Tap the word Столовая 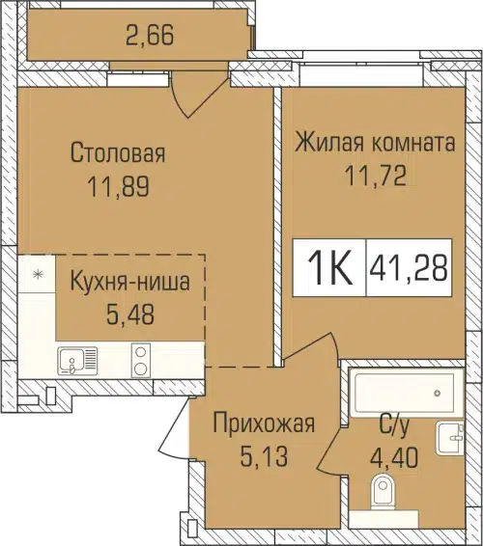118,152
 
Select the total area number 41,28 408,268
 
